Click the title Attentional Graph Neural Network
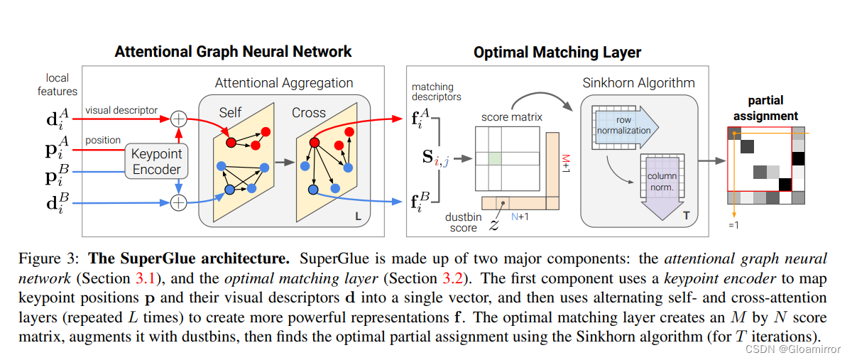coord(233,52)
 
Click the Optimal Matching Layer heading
coord(557,53)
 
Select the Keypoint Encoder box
coord(157,161)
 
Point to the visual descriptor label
coord(121,111)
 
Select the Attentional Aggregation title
coord(283,83)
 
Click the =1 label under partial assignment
coord(733,225)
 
